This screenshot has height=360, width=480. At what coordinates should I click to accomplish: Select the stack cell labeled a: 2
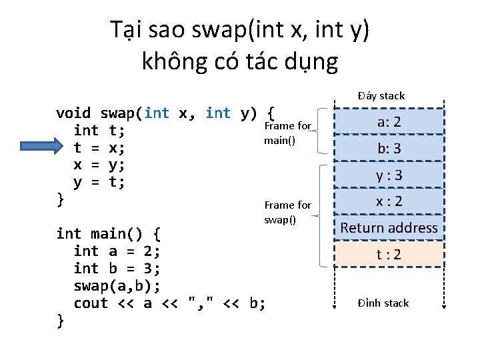click(x=389, y=122)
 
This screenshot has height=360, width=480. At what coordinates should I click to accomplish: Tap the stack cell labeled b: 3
click(x=389, y=148)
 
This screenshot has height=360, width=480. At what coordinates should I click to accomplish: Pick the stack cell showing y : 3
click(x=389, y=175)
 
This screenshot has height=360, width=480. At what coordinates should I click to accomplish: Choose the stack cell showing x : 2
click(x=389, y=201)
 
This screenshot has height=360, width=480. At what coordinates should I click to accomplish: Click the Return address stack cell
click(x=389, y=228)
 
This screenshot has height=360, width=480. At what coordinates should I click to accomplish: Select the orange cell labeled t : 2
click(x=389, y=254)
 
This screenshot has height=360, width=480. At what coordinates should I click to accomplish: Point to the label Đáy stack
click(x=381, y=96)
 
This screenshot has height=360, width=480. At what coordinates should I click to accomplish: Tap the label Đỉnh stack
click(x=383, y=303)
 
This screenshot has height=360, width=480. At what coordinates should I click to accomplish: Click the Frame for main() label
click(x=287, y=133)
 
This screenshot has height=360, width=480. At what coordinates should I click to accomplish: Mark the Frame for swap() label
click(x=287, y=213)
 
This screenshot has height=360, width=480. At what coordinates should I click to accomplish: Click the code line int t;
click(x=99, y=130)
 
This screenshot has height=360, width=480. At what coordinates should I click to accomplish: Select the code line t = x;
click(x=99, y=147)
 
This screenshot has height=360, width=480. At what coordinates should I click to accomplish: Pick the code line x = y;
click(x=99, y=164)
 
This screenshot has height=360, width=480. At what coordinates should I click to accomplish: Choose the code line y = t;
click(x=99, y=181)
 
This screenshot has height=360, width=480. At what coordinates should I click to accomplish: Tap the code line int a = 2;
click(x=117, y=251)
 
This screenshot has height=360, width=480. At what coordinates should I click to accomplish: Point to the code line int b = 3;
click(x=117, y=269)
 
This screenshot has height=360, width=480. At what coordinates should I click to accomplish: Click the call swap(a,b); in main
click(x=117, y=286)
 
